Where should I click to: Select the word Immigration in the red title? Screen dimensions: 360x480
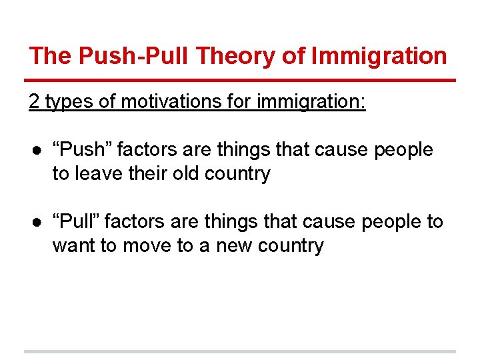pyautogui.click(x=381, y=56)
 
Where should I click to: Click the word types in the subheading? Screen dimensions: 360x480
pyautogui.click(x=67, y=101)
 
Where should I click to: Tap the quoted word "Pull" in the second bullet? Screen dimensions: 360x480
pyautogui.click(x=76, y=221)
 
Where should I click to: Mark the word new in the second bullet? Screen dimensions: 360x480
pyautogui.click(x=230, y=245)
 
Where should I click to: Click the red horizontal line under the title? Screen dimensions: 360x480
pyautogui.click(x=240, y=80)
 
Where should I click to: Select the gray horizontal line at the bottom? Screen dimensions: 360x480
pyautogui.click(x=240, y=351)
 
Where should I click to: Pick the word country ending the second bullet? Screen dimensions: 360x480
pyautogui.click(x=290, y=245)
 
